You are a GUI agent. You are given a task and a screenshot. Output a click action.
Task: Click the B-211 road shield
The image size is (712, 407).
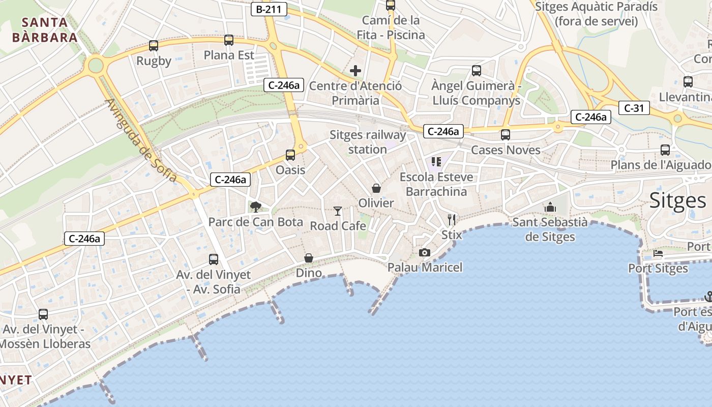click(269, 9)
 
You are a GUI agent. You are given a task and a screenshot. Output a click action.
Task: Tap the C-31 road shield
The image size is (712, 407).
click(634, 108)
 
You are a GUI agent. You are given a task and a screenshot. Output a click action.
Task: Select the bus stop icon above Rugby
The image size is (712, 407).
click(154, 46)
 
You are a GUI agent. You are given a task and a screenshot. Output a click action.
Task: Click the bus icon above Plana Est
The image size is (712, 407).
click(229, 40)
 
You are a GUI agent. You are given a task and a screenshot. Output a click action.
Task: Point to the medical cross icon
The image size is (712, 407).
click(355, 70)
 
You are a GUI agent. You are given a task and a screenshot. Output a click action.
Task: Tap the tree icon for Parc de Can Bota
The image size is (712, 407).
click(255, 207)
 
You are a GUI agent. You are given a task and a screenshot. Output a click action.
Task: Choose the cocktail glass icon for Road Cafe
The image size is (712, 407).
click(338, 211)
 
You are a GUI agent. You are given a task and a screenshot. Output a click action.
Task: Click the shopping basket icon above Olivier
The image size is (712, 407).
click(376, 188)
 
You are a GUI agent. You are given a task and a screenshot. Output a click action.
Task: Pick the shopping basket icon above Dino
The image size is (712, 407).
click(309, 258)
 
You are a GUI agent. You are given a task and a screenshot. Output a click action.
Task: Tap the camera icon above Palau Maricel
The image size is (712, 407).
click(425, 252)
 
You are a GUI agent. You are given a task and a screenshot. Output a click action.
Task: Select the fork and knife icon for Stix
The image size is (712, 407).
click(452, 220)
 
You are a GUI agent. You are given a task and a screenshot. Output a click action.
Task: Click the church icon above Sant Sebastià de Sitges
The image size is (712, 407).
click(550, 207)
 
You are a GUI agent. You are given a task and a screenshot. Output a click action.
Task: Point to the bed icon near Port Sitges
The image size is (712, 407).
click(658, 253)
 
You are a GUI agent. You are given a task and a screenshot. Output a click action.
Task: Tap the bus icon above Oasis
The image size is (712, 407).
click(290, 155)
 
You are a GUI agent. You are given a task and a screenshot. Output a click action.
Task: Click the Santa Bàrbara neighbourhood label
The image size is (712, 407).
click(45, 30)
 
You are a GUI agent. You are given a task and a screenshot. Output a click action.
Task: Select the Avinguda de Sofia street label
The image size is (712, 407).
click(141, 140)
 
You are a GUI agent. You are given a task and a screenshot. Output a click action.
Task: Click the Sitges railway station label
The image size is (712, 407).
click(368, 142)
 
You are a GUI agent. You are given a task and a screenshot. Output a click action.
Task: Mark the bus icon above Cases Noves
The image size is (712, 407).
click(505, 135)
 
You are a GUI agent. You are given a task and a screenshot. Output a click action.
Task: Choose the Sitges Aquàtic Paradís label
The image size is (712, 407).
click(597, 14)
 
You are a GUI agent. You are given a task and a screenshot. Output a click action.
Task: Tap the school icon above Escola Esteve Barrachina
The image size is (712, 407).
click(436, 162)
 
